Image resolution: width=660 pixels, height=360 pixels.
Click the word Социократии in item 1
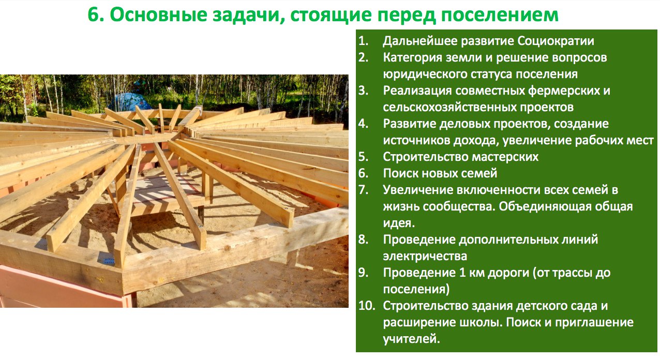[x=556, y=41]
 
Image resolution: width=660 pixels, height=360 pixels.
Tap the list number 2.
[x=363, y=57]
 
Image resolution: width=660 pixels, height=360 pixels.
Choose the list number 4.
[x=363, y=124]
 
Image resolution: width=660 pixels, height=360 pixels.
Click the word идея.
[x=399, y=223]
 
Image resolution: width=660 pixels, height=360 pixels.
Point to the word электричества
[x=425, y=257]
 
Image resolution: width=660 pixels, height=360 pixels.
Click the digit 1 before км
[x=462, y=273]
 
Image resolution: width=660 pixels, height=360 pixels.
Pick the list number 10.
[x=367, y=306]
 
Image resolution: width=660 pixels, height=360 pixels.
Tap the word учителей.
[x=411, y=339]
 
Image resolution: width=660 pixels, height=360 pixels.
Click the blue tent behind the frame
[x=130, y=101]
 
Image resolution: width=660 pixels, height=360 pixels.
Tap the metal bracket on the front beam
[x=109, y=261]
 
